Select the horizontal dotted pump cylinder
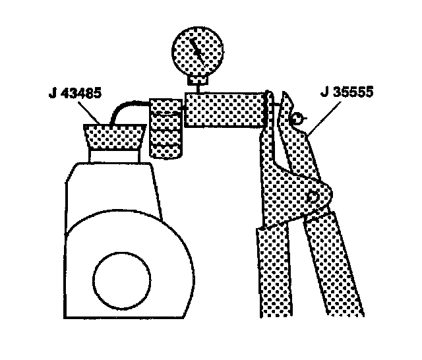point(225,109)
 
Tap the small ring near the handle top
point(297,119)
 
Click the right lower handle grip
point(336,264)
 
